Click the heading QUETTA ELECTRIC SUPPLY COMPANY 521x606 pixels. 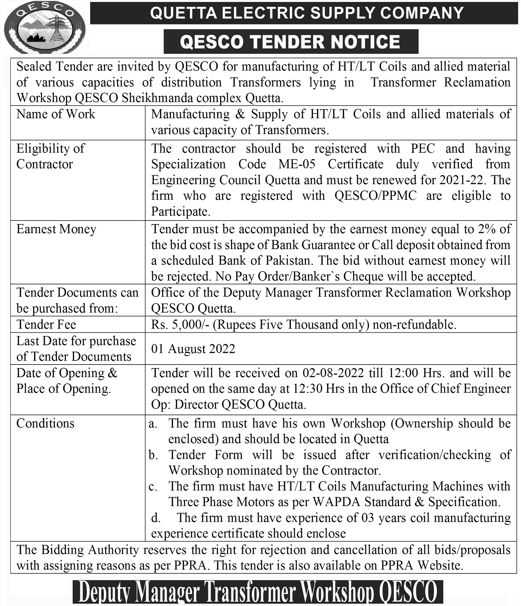coord(306,13)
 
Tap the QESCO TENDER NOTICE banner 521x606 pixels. coord(290,42)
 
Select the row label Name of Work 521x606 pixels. coord(56,114)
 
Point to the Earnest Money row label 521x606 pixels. coord(56,229)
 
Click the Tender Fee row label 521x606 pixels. coord(46,325)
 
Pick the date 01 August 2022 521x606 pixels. coord(193,349)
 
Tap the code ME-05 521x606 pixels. coord(297,164)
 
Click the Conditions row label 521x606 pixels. coord(45,424)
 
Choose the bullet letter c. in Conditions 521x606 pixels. coord(153,487)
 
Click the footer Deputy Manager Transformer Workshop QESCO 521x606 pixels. coord(258,592)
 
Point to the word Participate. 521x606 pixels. coord(180,212)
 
